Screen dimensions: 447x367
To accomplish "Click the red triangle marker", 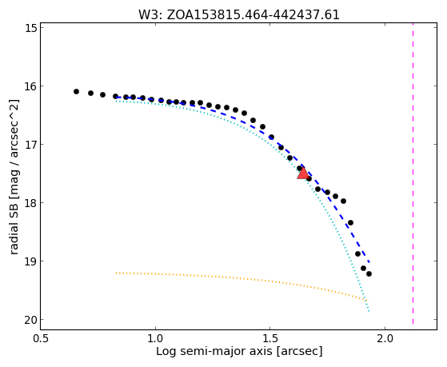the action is (x=303, y=174).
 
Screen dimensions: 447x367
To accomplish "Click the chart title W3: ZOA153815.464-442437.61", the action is (x=239, y=14).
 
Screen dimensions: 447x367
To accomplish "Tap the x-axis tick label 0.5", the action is (x=41, y=339).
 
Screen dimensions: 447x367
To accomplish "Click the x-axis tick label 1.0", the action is (x=155, y=339).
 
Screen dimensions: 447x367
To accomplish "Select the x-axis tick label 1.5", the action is (x=270, y=339).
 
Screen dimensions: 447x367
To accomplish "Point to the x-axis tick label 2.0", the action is (x=385, y=339).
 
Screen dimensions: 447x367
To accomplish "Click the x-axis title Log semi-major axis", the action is (x=214, y=351).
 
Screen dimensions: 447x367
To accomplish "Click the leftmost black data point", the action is (x=76, y=91).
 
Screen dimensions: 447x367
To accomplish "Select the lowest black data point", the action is (x=369, y=273).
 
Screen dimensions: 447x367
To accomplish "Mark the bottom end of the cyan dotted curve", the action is (x=369, y=311).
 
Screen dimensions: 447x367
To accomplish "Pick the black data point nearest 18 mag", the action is (x=343, y=201).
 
